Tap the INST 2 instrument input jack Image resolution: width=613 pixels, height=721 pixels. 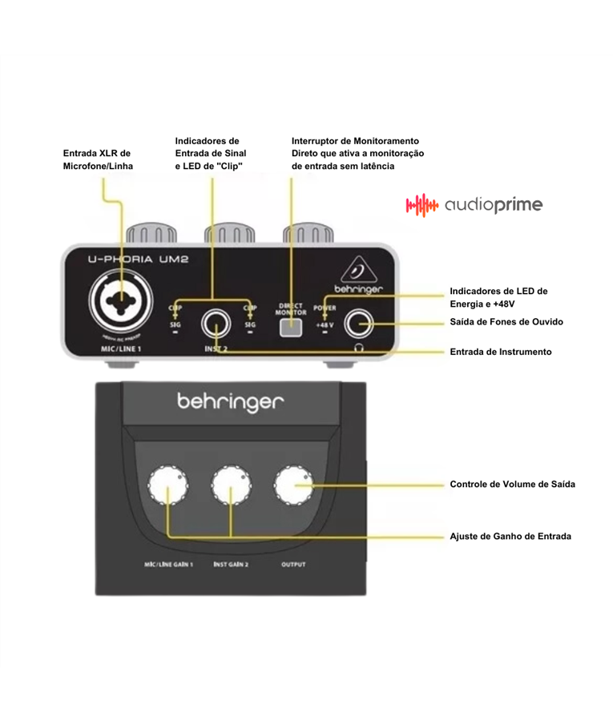pos(216,324)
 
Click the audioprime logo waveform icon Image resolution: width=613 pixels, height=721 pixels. pos(421,205)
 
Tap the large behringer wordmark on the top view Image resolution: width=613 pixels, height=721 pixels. pos(231,402)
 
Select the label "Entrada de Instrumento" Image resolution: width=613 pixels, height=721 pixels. pos(500,352)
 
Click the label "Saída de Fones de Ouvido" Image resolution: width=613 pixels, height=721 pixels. pos(506,322)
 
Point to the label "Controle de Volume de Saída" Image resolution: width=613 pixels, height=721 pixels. pos(512,485)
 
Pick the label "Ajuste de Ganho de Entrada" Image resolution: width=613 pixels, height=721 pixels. pos(510,536)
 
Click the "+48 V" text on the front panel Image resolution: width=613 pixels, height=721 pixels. pos(325,325)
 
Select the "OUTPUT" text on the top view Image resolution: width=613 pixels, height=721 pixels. pos(293,565)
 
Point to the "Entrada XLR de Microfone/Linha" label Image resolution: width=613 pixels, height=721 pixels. pos(98,159)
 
